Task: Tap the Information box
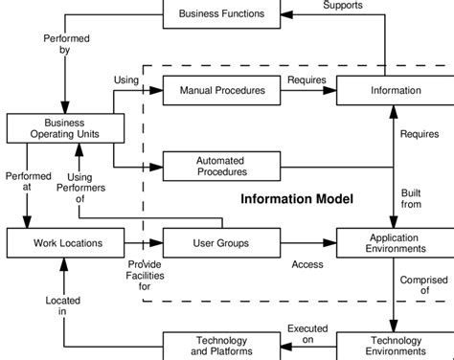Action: (x=395, y=91)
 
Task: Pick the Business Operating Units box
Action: (x=64, y=128)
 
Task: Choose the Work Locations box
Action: (x=64, y=243)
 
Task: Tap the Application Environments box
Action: (x=395, y=242)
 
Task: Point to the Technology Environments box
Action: (x=395, y=346)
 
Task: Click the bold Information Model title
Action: (x=296, y=199)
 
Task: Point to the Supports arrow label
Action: (x=342, y=6)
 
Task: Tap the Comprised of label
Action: (x=422, y=285)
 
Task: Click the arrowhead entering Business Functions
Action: (x=284, y=13)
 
